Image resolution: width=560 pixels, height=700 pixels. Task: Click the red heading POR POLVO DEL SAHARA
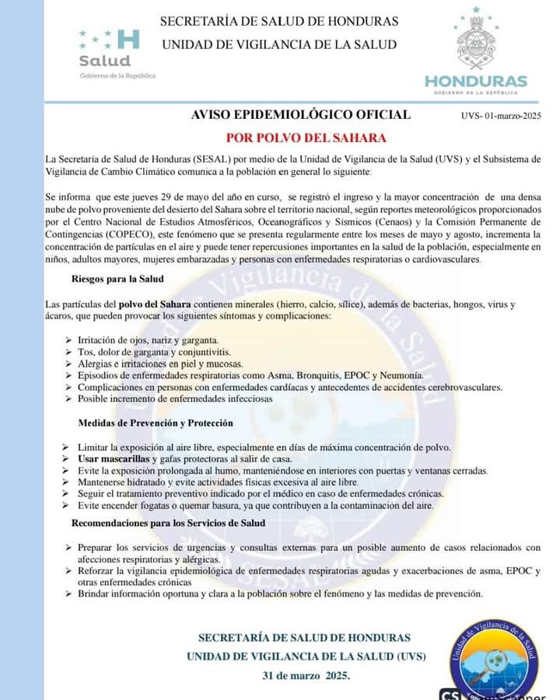(306, 138)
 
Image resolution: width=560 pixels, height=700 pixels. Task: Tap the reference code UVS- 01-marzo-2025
(500, 117)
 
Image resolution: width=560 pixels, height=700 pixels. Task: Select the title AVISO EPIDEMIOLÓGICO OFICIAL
(300, 115)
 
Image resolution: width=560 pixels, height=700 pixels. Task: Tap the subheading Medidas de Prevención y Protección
(155, 423)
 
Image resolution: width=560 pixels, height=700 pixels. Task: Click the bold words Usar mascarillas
(113, 459)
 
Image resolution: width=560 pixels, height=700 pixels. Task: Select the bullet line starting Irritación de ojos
(148, 340)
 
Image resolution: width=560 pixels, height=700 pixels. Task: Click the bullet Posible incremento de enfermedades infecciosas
(175, 399)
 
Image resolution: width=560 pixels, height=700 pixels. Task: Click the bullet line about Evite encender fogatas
(255, 505)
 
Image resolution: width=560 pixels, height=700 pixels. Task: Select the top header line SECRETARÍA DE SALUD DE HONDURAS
(279, 21)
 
